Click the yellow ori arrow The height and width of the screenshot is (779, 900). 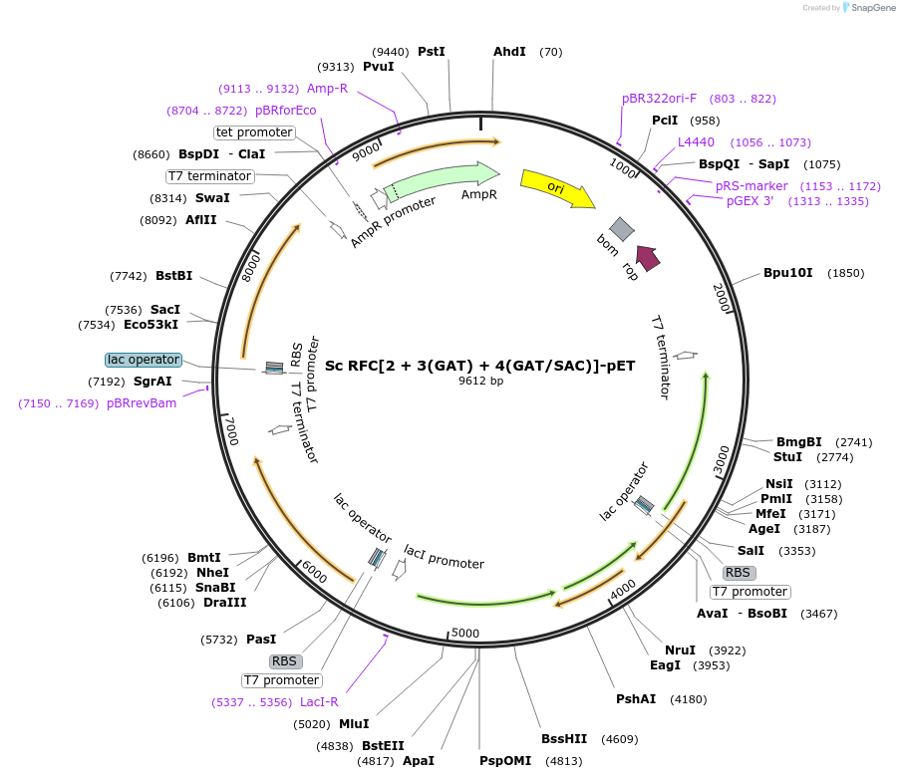(557, 187)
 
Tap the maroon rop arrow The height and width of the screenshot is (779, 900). (648, 258)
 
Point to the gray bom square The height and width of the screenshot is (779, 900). (622, 229)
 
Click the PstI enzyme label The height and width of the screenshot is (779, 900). (431, 52)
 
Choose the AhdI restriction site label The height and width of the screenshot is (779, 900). (509, 52)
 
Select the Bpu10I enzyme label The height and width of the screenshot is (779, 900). (787, 273)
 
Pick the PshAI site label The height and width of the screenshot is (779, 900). (636, 699)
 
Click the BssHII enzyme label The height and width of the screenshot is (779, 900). (564, 739)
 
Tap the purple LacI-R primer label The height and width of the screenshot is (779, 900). (319, 702)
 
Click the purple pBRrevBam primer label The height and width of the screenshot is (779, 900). (142, 403)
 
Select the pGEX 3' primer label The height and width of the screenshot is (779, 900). (750, 201)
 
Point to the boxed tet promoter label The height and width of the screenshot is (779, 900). (254, 132)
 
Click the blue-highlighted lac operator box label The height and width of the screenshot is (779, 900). (144, 360)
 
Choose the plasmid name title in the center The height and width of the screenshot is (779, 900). (479, 366)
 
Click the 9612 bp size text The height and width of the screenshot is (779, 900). (481, 381)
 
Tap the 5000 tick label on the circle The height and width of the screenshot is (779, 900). (464, 633)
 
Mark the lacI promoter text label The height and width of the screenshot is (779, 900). (444, 557)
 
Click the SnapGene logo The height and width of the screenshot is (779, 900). (868, 7)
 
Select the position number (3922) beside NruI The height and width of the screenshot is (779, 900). (728, 650)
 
